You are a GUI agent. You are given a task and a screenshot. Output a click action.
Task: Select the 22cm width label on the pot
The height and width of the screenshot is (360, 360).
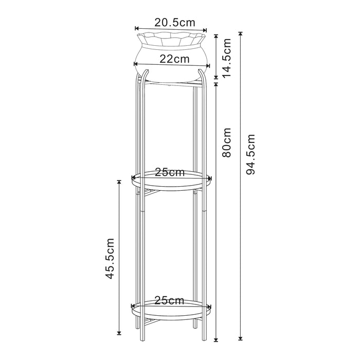pyautogui.click(x=173, y=59)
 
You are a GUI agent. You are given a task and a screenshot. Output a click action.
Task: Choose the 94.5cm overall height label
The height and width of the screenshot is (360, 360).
pyautogui.click(x=250, y=155)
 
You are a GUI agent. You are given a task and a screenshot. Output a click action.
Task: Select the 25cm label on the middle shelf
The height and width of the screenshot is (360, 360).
pyautogui.click(x=170, y=172)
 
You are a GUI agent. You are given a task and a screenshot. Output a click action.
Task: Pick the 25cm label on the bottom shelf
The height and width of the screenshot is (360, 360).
pyautogui.click(x=170, y=300)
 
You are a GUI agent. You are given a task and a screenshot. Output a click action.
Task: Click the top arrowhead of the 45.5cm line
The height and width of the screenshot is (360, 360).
pyautogui.click(x=119, y=182)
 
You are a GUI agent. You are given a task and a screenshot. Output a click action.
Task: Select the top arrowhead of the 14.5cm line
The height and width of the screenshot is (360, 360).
pyautogui.click(x=216, y=37)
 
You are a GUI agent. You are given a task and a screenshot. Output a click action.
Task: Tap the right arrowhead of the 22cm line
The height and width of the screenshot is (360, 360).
pyautogui.click(x=208, y=65)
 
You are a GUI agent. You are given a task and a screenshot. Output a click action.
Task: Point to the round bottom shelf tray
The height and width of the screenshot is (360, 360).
pyautogui.click(x=171, y=311)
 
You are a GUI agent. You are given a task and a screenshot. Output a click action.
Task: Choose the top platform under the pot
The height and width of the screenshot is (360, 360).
pyautogui.click(x=171, y=82)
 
